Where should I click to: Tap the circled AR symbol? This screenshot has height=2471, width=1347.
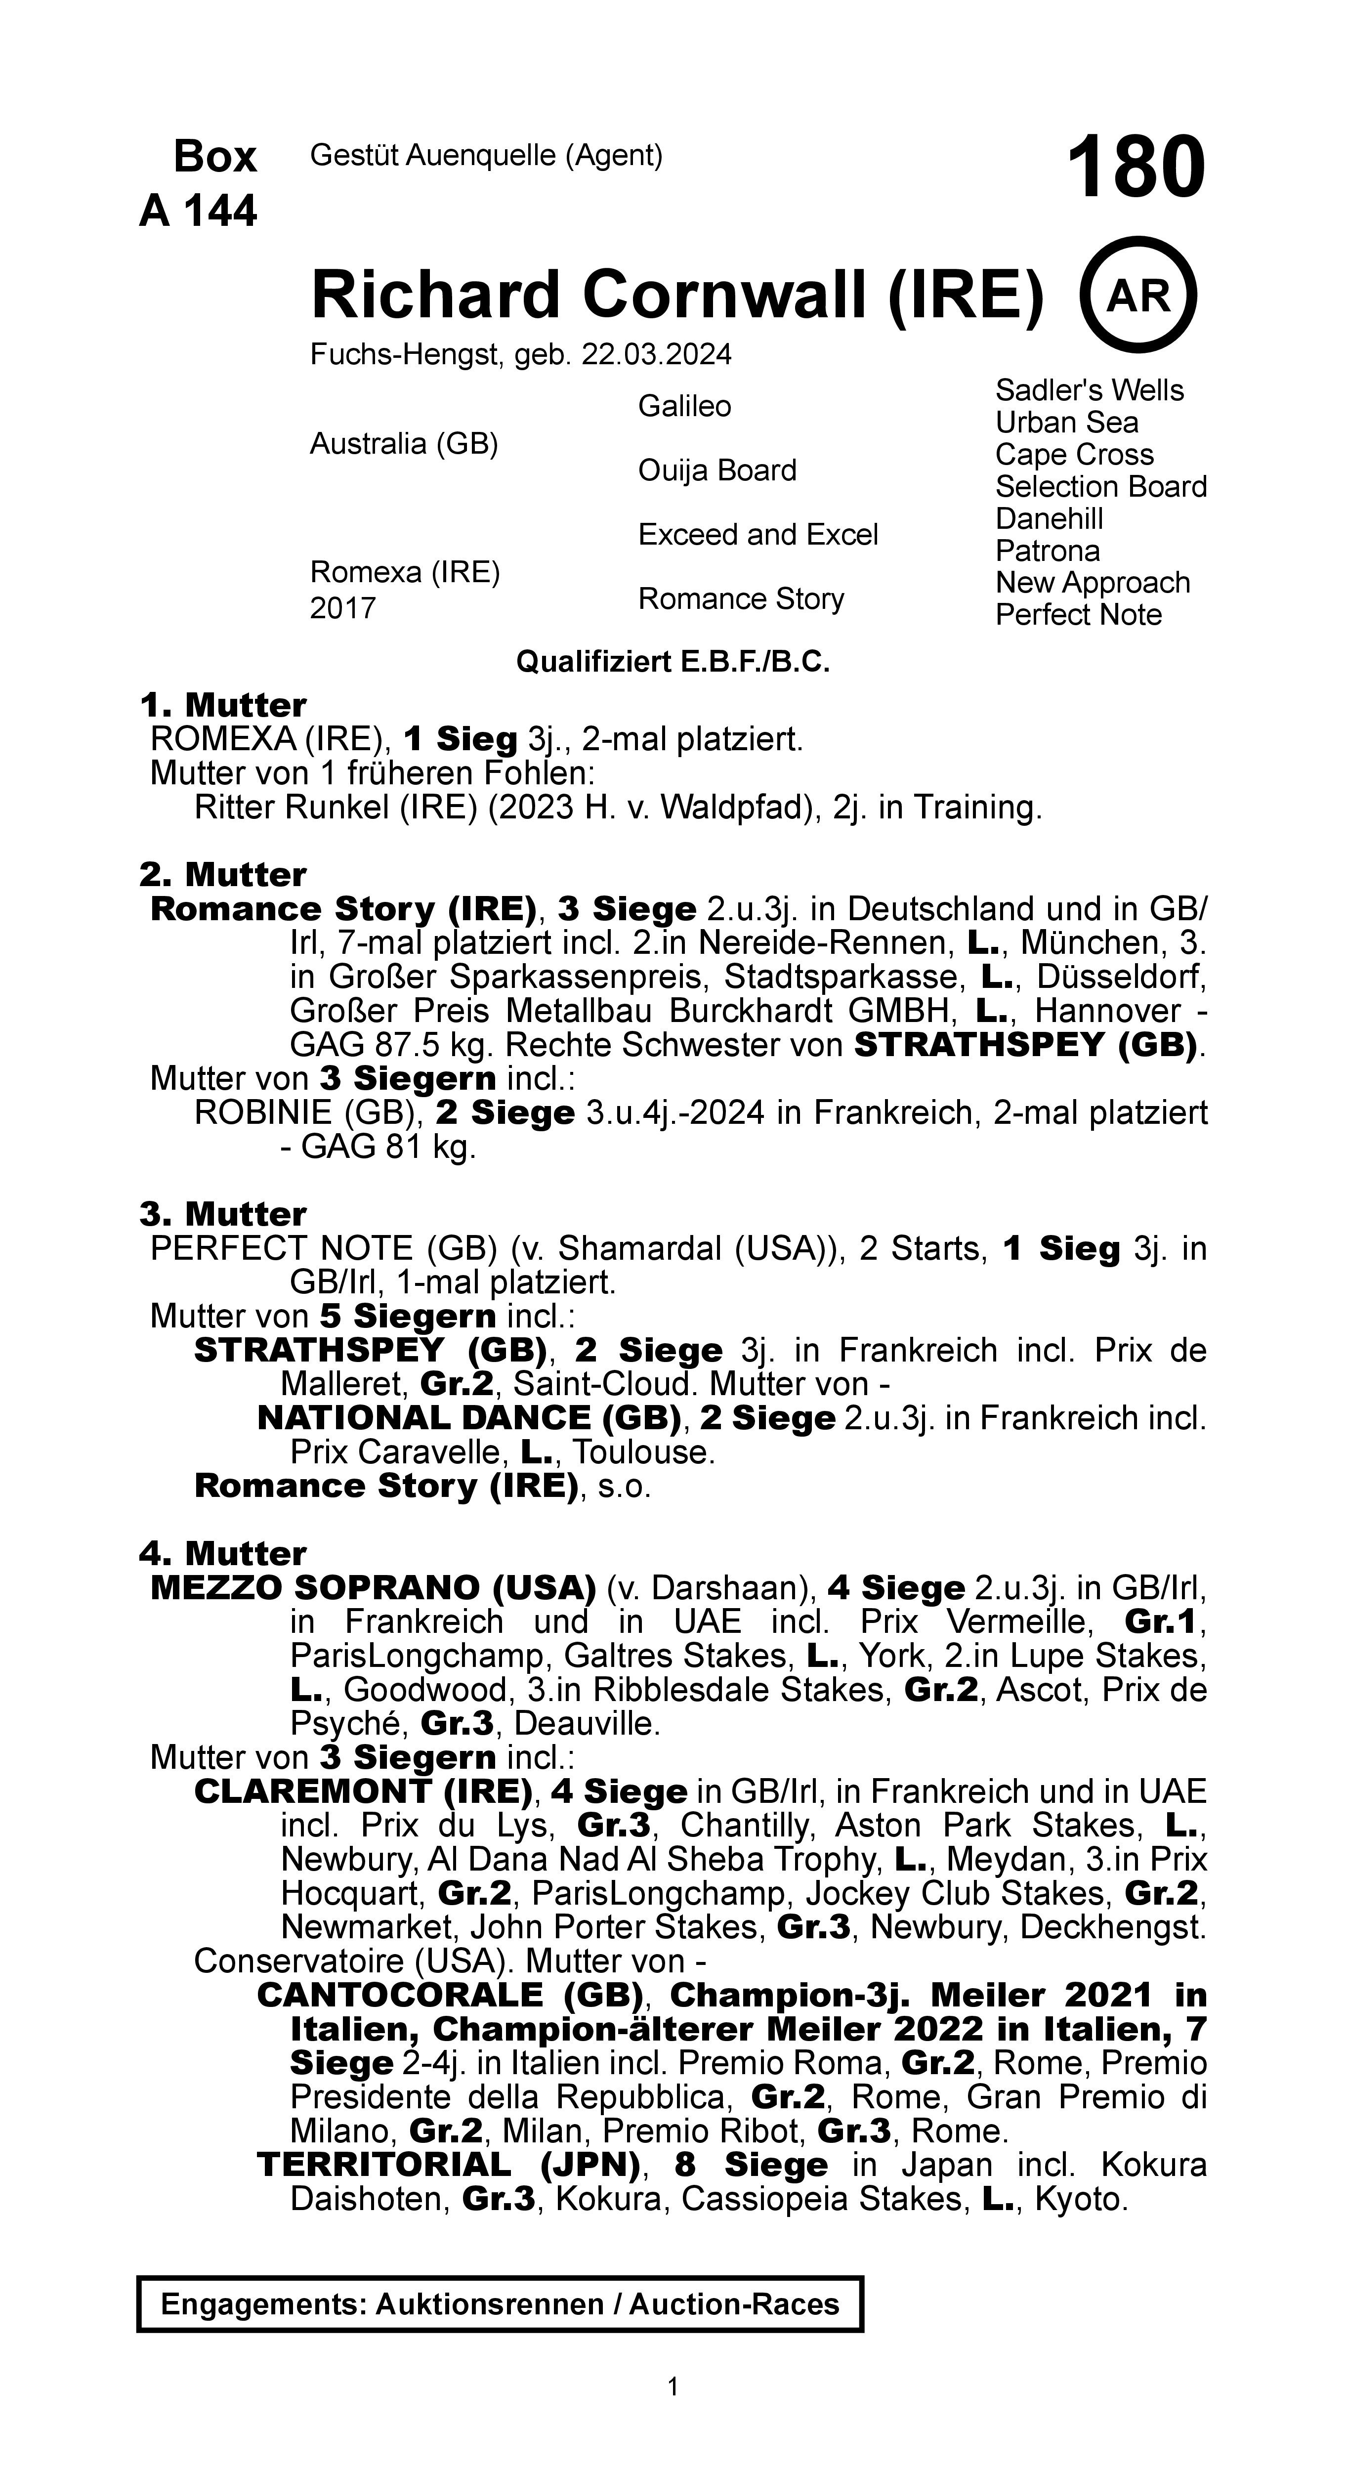pos(1139,296)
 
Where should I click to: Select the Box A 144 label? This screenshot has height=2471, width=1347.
pos(200,183)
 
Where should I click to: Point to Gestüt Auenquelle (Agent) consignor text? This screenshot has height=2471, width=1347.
pos(486,155)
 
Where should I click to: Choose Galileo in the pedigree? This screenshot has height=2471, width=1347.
pos(684,407)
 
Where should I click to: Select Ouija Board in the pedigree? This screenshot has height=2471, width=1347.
pos(716,471)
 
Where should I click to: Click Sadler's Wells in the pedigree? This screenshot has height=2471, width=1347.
pos(1089,390)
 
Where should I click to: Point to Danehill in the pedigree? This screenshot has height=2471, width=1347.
pos(1049,519)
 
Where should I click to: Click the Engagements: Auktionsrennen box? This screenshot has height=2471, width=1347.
pos(500,2304)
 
